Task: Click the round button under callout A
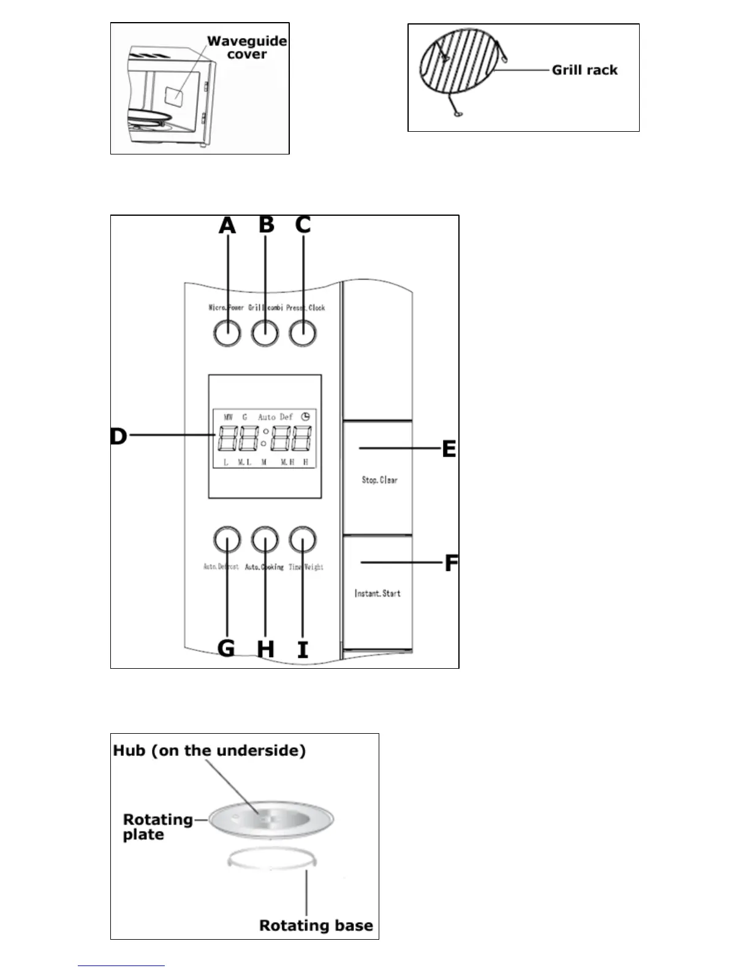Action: pyautogui.click(x=227, y=333)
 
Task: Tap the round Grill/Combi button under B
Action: pyautogui.click(x=265, y=333)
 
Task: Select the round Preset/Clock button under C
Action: pyautogui.click(x=303, y=333)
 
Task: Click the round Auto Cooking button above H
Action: pyautogui.click(x=265, y=540)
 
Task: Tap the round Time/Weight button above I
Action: pyautogui.click(x=303, y=540)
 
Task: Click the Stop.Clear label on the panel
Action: pyautogui.click(x=379, y=480)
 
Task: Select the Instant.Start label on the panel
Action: pyautogui.click(x=377, y=593)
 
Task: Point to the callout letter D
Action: pyautogui.click(x=118, y=436)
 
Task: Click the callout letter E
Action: pyautogui.click(x=449, y=449)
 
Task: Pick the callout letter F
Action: pyautogui.click(x=451, y=563)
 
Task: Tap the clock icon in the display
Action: pyautogui.click(x=305, y=417)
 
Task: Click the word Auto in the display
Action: pyautogui.click(x=267, y=417)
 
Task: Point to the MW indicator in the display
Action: pyautogui.click(x=228, y=417)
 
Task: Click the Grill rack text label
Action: pyautogui.click(x=584, y=70)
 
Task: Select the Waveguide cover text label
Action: pyautogui.click(x=247, y=47)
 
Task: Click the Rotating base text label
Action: pyautogui.click(x=316, y=925)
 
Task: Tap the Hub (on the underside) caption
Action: pyautogui.click(x=209, y=750)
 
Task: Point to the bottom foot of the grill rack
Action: pyautogui.click(x=457, y=113)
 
